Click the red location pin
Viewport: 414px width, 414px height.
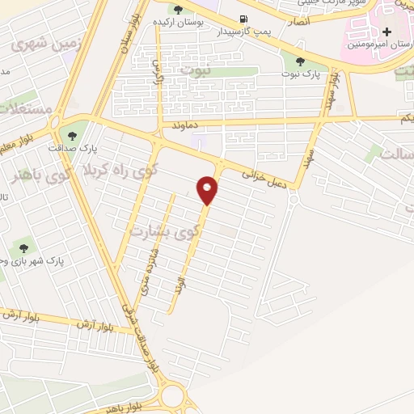pyautogui.click(x=208, y=190)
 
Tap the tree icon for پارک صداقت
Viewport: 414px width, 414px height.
pyautogui.click(x=73, y=135)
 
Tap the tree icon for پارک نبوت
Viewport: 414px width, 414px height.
pyautogui.click(x=300, y=61)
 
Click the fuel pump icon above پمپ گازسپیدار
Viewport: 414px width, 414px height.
pyautogui.click(x=243, y=18)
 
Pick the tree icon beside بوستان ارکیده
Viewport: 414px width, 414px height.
pyautogui.click(x=178, y=10)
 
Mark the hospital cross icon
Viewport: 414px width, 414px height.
pyautogui.click(x=387, y=32)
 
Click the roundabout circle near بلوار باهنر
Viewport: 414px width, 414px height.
pyautogui.click(x=172, y=396)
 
